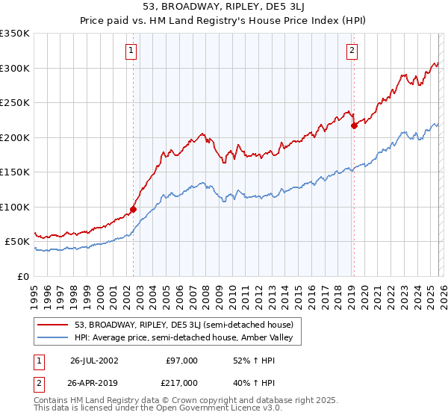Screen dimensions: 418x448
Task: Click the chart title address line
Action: click(224, 8)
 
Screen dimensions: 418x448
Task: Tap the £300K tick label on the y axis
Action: click(15, 68)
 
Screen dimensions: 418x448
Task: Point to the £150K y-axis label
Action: click(15, 172)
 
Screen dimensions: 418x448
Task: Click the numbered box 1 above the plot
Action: click(131, 51)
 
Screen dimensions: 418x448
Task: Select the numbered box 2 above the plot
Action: click(352, 51)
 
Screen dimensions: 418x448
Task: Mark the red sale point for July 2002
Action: click(134, 209)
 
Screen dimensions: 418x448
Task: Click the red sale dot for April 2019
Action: click(354, 126)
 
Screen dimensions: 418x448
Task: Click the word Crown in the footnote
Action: click(173, 401)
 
